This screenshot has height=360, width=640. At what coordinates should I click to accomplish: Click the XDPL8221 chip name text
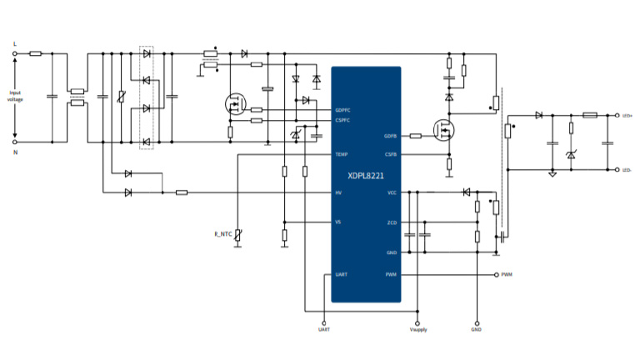pos(367,176)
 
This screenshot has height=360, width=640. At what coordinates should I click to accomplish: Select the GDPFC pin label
pos(342,110)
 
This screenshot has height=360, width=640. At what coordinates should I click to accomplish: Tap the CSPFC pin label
pos(342,120)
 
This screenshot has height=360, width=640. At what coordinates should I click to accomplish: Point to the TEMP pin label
pos(341,154)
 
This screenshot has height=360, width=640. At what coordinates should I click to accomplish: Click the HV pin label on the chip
pos(338,192)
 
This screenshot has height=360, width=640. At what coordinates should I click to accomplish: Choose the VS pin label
pos(338,222)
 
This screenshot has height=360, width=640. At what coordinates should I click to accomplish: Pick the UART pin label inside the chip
pos(341,274)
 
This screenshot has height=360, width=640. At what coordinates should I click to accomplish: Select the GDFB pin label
pos(390,136)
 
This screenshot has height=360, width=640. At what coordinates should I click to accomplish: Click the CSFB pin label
pos(390,154)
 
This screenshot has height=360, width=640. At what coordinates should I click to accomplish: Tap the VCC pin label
pos(392,192)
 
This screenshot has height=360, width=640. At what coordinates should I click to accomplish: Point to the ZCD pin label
pos(392,222)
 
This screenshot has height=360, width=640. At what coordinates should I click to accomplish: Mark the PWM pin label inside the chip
pos(391,274)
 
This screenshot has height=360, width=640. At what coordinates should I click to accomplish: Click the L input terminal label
pos(15,42)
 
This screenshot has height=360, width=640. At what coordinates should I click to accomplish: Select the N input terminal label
pos(15,153)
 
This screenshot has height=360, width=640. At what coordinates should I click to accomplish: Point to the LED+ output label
pos(627,116)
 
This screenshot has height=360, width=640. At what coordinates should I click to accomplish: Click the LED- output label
pos(627,170)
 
